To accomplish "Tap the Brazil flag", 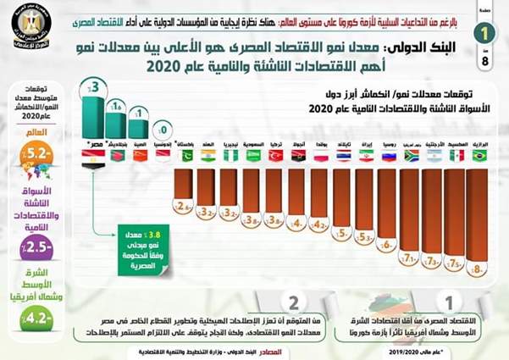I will tap(479, 157).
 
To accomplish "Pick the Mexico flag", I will tap(456, 157).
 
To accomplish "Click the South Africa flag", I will tap(410, 157).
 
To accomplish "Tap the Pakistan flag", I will tap(185, 157).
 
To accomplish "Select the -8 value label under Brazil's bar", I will tap(478, 270).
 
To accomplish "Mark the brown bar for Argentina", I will tap(433, 212).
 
